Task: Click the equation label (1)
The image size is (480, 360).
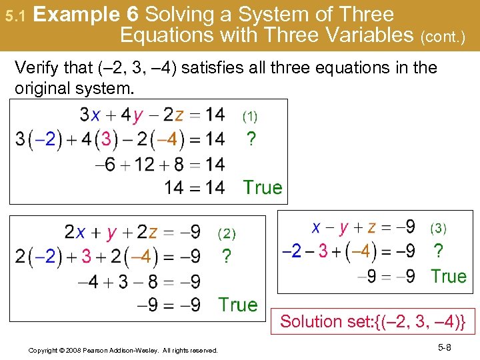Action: pos(249,117)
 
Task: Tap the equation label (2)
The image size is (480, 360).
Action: pos(227,234)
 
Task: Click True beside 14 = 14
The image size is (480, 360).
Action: pos(263,188)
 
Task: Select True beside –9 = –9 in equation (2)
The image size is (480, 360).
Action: pos(237,305)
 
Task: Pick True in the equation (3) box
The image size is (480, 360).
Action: pos(448,276)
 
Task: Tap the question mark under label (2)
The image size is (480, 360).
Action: pos(227,257)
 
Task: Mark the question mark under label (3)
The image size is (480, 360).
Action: pos(438,251)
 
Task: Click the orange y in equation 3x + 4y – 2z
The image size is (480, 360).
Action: pos(138,115)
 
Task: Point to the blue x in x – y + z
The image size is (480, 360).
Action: pos(318,227)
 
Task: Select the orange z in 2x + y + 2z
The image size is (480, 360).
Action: pos(153,233)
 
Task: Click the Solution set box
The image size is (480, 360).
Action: pos(372,321)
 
